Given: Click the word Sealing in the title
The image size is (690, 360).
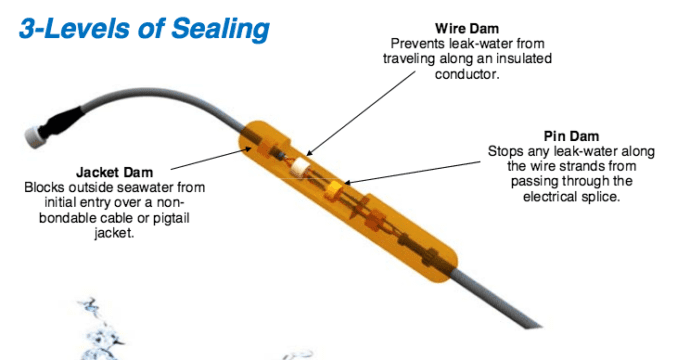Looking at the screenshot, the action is pyautogui.click(x=220, y=29).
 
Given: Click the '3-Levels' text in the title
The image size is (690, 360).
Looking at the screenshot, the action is pyautogui.click(x=74, y=28).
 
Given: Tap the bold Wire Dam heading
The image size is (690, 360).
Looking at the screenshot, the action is pyautogui.click(x=467, y=29).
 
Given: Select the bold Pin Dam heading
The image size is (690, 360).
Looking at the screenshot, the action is pyautogui.click(x=571, y=136).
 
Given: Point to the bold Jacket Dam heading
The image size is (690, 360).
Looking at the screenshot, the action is pyautogui.click(x=114, y=172).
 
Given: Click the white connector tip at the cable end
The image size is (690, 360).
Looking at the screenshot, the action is pyautogui.click(x=33, y=136).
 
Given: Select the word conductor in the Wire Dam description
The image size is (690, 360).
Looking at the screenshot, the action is pyautogui.click(x=467, y=74).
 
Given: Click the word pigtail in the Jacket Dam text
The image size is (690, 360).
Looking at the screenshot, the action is pyautogui.click(x=171, y=218).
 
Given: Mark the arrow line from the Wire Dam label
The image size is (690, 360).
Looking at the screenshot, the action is pyautogui.click(x=361, y=113).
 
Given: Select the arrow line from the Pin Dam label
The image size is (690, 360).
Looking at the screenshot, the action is pyautogui.click(x=412, y=172).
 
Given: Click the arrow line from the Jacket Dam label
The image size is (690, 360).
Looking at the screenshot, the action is pyautogui.click(x=211, y=158).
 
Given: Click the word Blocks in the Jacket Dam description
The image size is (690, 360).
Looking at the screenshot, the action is pyautogui.click(x=41, y=187).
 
